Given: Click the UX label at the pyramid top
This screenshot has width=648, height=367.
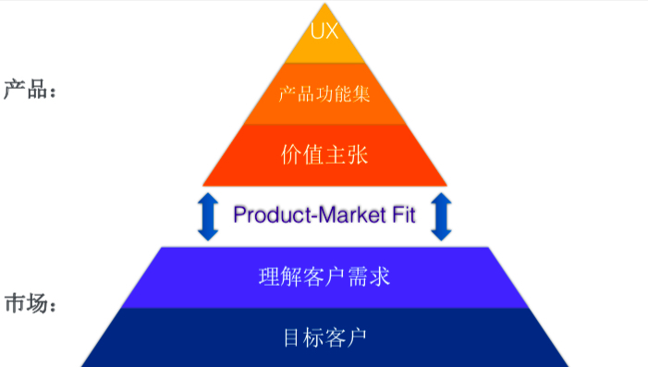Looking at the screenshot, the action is coord(324,31).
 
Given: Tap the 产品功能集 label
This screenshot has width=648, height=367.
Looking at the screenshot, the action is coord(324,94).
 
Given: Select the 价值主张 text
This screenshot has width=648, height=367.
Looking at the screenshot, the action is coord(324,155).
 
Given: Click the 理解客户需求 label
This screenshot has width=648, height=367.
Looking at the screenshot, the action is coord(324,276).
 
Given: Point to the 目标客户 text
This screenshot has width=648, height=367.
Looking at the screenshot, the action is coord(324,337).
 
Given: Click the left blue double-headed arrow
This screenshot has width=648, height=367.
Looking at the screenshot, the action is coord(208,216).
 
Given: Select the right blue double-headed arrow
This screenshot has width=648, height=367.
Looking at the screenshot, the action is coord(441,216).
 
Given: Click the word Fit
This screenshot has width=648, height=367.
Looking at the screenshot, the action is coord(404,214).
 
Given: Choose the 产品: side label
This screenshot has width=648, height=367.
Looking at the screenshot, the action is coord(30,90).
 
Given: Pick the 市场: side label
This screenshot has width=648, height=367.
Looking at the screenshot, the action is coord(30,304).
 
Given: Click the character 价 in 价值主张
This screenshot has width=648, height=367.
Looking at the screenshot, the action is coord(291,155).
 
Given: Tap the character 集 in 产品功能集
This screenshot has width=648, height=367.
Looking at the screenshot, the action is coord(361,94).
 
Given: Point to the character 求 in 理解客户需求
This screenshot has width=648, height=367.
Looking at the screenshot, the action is coord(380,276).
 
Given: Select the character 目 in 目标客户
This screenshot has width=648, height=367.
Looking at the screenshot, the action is coord(291,337).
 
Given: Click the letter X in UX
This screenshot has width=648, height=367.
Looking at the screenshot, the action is coord(332,31).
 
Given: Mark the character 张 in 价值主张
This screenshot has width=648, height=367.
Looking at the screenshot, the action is coord(358,155).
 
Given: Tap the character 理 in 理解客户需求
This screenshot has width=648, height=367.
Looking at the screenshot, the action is coord(269,276).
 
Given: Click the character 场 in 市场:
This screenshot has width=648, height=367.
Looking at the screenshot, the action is coord(37,304).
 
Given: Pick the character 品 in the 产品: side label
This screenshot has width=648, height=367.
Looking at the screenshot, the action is coord(37,90).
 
